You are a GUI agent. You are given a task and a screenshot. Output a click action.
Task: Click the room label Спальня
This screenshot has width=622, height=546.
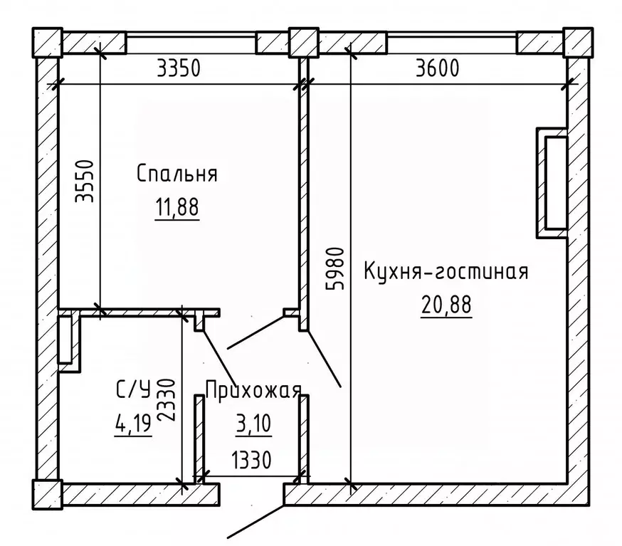point(176,174)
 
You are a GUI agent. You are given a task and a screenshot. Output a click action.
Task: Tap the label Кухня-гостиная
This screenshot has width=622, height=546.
point(446,272)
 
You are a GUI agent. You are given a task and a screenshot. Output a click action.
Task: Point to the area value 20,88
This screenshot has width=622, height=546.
point(446,305)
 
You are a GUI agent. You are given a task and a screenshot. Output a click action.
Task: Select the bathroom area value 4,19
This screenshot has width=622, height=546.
point(132,425)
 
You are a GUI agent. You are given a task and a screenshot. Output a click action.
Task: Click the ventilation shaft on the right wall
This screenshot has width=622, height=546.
point(554,182)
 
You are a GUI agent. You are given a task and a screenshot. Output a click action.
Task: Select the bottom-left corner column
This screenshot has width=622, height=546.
point(47,492)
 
